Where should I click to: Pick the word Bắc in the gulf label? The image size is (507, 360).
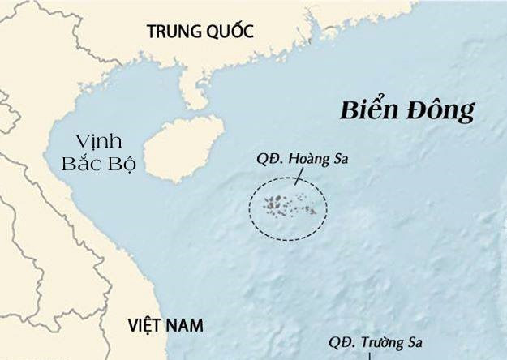79,165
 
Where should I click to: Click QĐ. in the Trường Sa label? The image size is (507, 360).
341,343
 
